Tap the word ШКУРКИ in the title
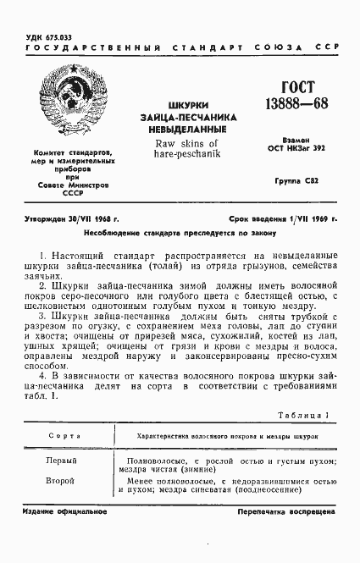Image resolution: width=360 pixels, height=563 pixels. [x=180, y=104]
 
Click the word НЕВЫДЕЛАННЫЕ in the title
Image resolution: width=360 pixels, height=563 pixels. [x=180, y=131]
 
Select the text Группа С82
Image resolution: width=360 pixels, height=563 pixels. [x=297, y=181]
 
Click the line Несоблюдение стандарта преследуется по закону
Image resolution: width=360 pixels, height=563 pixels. [x=180, y=232]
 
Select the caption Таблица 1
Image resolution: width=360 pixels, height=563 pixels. [x=301, y=415]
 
